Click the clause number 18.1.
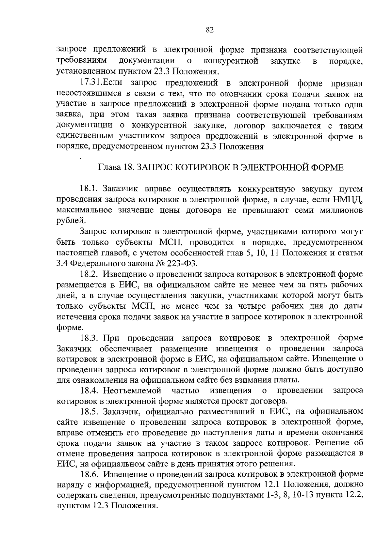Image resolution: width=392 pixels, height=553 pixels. pyautogui.click(x=89, y=189)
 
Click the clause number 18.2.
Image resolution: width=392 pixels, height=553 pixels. pyautogui.click(x=89, y=274)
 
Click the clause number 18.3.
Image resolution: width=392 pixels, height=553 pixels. pyautogui.click(x=89, y=337)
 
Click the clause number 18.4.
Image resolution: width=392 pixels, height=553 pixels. pyautogui.click(x=89, y=391)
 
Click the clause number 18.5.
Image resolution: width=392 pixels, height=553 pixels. pyautogui.click(x=89, y=412)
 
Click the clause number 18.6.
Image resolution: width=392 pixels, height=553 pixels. pyautogui.click(x=89, y=475)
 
